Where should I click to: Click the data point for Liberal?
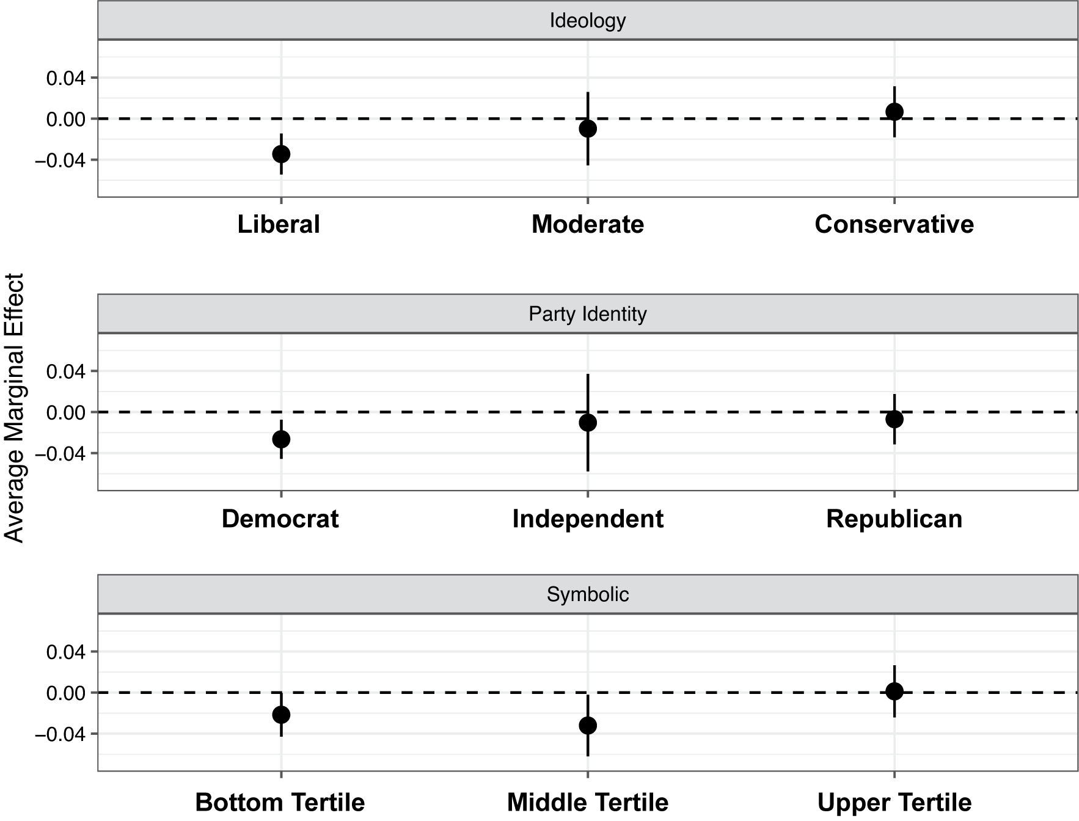pyautogui.click(x=281, y=154)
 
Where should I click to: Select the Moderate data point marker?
pyautogui.click(x=588, y=128)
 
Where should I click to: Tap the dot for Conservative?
pyautogui.click(x=894, y=111)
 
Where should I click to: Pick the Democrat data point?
pyautogui.click(x=281, y=439)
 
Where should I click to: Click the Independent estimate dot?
pyautogui.click(x=588, y=422)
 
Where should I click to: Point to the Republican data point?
pyautogui.click(x=894, y=419)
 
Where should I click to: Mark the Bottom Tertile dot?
pyautogui.click(x=281, y=715)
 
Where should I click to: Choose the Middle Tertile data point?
pyautogui.click(x=588, y=726)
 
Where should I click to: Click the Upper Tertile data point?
pyautogui.click(x=894, y=691)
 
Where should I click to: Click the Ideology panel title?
pyautogui.click(x=588, y=21)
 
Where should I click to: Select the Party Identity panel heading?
pyautogui.click(x=588, y=314)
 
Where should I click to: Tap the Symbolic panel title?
pyautogui.click(x=588, y=594)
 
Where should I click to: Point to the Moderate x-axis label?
pyautogui.click(x=588, y=224)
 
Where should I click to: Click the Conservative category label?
pyautogui.click(x=894, y=224)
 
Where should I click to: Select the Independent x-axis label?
pyautogui.click(x=588, y=519)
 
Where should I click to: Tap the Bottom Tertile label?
pyautogui.click(x=280, y=802)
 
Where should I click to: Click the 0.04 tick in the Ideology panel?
pyautogui.click(x=65, y=78)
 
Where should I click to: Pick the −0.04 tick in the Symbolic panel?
pyautogui.click(x=61, y=734)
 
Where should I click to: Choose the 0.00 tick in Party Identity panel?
pyautogui.click(x=65, y=412)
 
